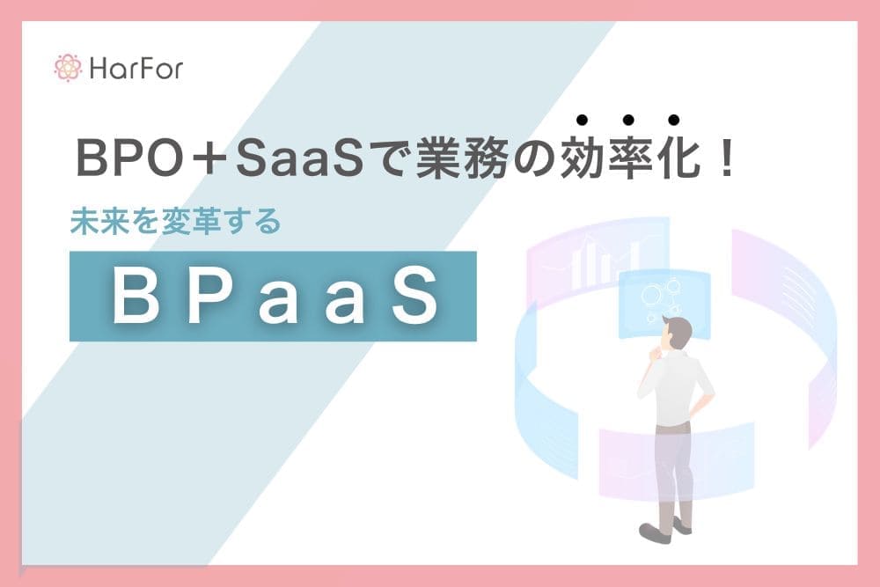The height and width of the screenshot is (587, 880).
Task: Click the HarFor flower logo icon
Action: coord(68,68)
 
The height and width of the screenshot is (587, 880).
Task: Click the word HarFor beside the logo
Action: coord(136,69)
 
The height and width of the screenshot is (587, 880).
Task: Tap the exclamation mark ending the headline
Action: coord(726,161)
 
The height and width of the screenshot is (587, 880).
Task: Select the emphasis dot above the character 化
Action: coord(674,121)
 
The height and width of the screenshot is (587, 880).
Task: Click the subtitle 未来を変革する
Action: coord(176,223)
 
